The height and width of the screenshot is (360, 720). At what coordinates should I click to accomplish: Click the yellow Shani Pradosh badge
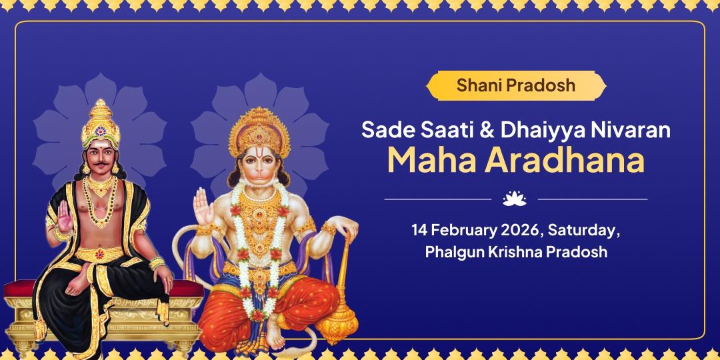click(516, 85)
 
